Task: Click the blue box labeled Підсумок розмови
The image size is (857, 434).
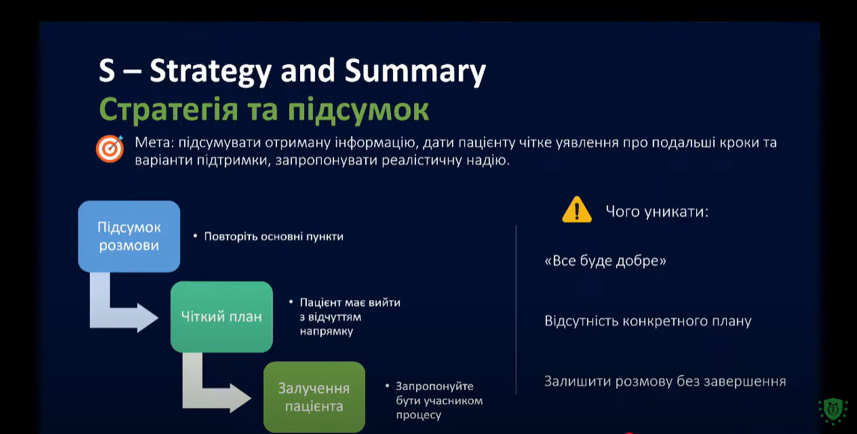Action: pyautogui.click(x=129, y=236)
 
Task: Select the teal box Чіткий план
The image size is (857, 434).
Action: pyautogui.click(x=222, y=317)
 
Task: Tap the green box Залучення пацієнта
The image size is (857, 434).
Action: pyautogui.click(x=314, y=397)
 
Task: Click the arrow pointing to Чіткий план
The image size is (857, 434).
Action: pyautogui.click(x=118, y=309)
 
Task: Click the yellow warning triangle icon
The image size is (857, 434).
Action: pyautogui.click(x=576, y=210)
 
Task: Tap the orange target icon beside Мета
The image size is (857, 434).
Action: pyautogui.click(x=110, y=149)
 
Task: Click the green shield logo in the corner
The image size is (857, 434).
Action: pyautogui.click(x=832, y=411)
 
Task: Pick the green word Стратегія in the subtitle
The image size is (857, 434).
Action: pyautogui.click(x=168, y=110)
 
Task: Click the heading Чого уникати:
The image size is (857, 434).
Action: pyautogui.click(x=656, y=212)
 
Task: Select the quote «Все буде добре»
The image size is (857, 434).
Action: pyautogui.click(x=605, y=260)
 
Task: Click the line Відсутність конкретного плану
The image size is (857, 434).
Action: pyautogui.click(x=647, y=321)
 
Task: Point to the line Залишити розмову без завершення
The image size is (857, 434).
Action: pyautogui.click(x=665, y=381)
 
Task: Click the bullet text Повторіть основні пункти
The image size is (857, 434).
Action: pyautogui.click(x=274, y=236)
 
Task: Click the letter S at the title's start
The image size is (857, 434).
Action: pyautogui.click(x=107, y=71)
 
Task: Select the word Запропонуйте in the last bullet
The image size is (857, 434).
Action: pyautogui.click(x=435, y=386)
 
